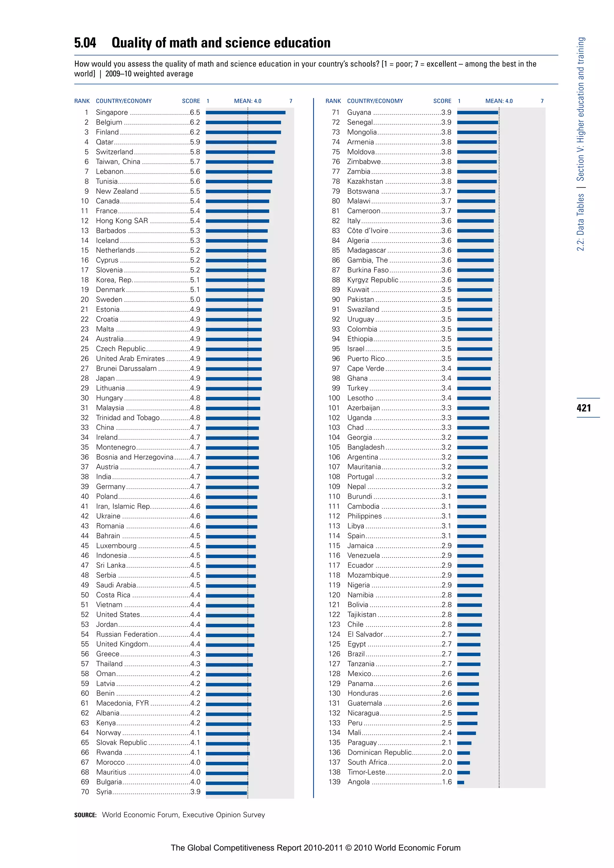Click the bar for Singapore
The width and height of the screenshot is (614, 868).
tap(245, 112)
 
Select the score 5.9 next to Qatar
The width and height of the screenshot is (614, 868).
tap(195, 142)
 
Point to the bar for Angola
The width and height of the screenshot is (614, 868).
tap(460, 783)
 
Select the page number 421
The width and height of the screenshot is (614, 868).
tap(584, 408)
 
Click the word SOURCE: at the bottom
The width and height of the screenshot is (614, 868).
tap(85, 815)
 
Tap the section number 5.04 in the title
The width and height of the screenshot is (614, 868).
tap(85, 43)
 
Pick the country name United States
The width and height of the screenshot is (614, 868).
tap(118, 615)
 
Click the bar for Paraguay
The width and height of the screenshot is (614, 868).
tap(464, 743)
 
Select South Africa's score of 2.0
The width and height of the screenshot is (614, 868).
tap(446, 762)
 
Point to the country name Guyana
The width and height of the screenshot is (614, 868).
tap(359, 113)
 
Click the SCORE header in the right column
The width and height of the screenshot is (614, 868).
tap(442, 101)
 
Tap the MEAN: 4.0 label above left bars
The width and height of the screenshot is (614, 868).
tap(248, 101)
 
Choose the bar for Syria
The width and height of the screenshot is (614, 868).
tap(226, 792)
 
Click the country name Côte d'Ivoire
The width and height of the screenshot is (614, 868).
tap(368, 230)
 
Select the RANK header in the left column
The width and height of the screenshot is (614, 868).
tap(82, 101)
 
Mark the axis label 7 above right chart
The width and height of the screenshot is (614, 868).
tap(542, 101)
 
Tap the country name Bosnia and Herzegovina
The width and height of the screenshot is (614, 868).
tap(135, 457)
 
